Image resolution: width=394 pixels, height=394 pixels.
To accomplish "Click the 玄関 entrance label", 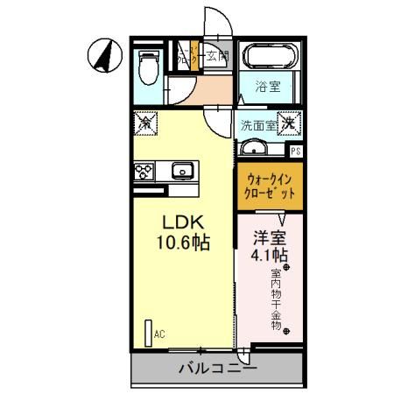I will click(217, 57).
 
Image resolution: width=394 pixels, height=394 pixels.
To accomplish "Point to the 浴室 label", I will click(268, 88).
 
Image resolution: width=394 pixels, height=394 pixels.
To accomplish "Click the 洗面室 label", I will click(258, 125).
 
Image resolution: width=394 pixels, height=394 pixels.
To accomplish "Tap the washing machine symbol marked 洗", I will click(289, 124).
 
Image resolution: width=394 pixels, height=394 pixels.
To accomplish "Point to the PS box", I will click(296, 151).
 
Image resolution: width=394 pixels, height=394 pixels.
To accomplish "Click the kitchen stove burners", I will click(143, 172).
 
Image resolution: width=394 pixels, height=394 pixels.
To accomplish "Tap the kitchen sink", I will click(183, 170).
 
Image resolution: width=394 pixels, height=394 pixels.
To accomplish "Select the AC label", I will click(158, 334).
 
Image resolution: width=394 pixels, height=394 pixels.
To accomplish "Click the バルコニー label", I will click(218, 369).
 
